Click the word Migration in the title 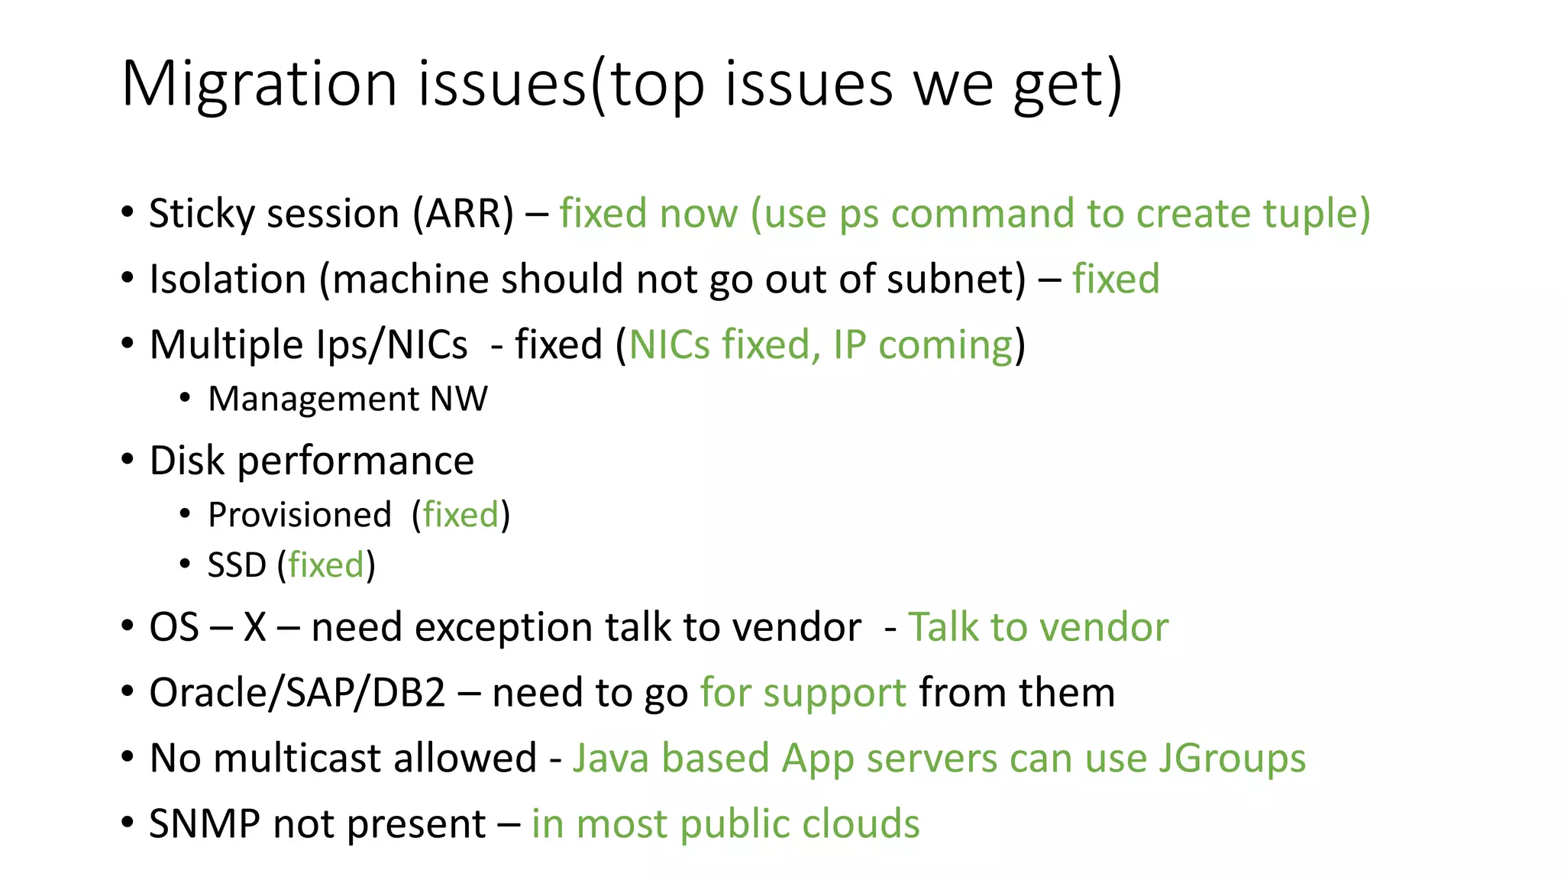pyautogui.click(x=259, y=84)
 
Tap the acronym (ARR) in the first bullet pyautogui.click(x=463, y=213)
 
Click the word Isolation pyautogui.click(x=228, y=279)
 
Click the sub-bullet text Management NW pyautogui.click(x=347, y=399)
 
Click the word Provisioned pyautogui.click(x=299, y=515)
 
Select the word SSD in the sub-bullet pyautogui.click(x=237, y=565)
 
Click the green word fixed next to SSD pyautogui.click(x=326, y=565)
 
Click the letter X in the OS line pyautogui.click(x=255, y=627)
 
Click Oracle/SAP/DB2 pyautogui.click(x=297, y=693)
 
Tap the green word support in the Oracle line pyautogui.click(x=834, y=694)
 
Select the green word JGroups pyautogui.click(x=1232, y=759)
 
